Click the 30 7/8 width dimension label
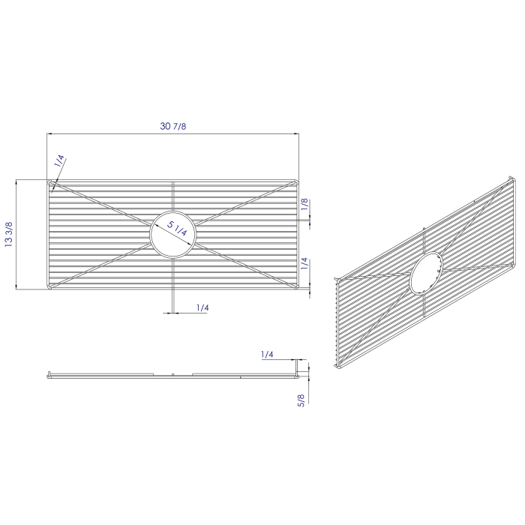173,125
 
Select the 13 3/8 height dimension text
9,234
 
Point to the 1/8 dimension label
304,204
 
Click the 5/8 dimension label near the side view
301,400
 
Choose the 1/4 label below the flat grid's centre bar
202,307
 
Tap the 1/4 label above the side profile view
267,353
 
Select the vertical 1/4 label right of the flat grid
304,263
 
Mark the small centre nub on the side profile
173,373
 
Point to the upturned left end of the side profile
49,373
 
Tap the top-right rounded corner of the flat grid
296,182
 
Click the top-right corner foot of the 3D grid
512,179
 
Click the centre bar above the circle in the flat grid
173,198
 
